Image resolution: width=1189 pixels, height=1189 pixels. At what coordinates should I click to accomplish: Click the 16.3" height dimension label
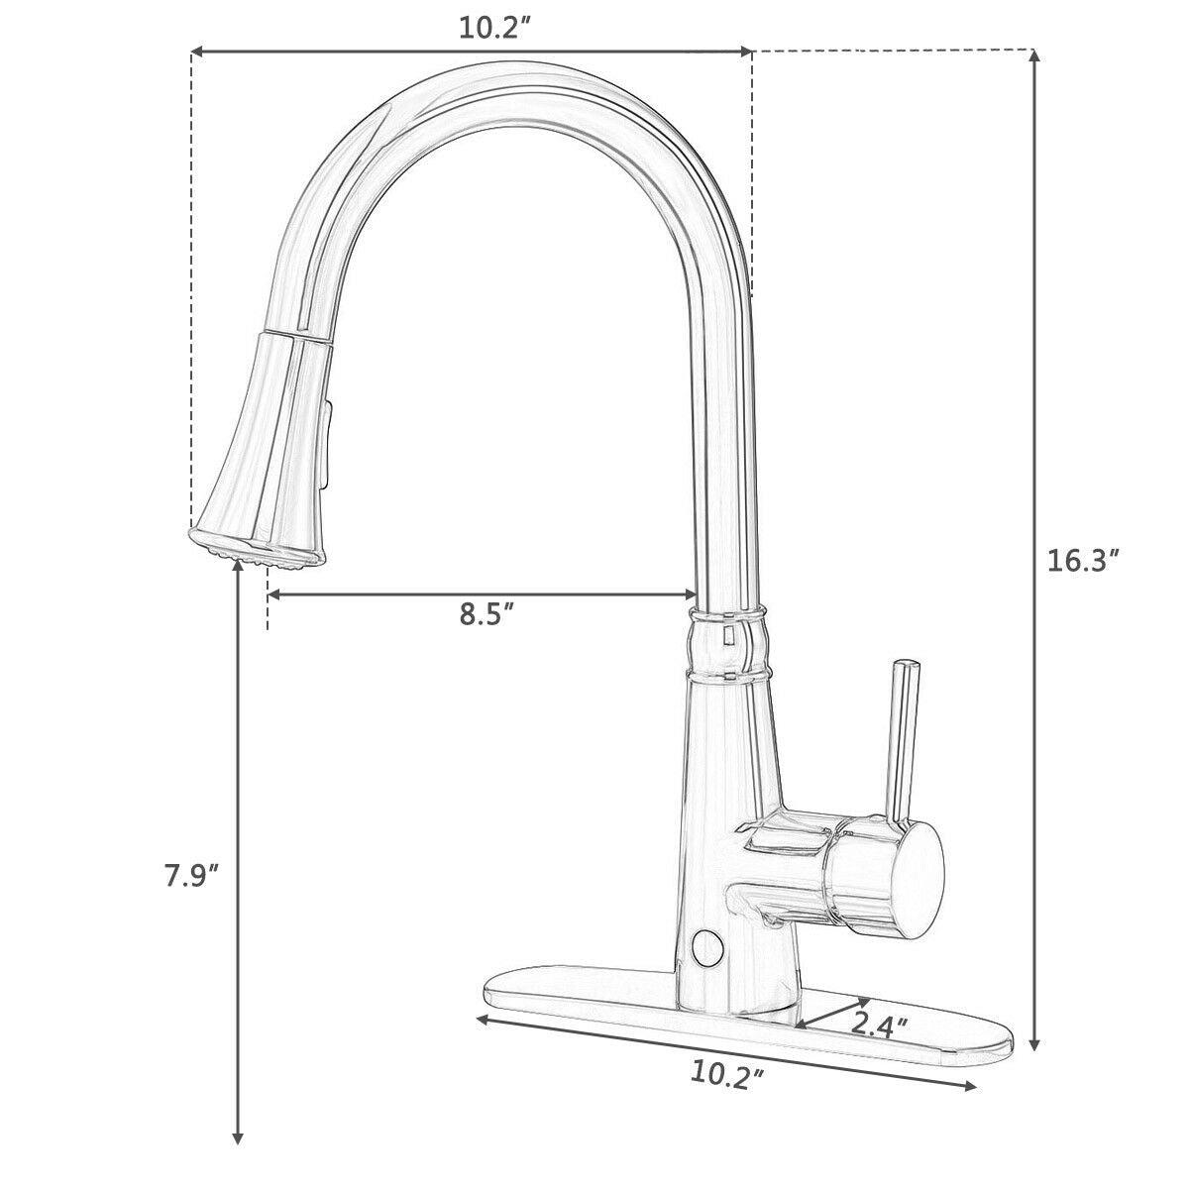click(x=1083, y=561)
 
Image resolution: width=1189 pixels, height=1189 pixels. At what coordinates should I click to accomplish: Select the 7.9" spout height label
click(x=191, y=875)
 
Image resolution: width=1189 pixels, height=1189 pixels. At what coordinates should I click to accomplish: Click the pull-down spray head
click(x=262, y=446)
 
